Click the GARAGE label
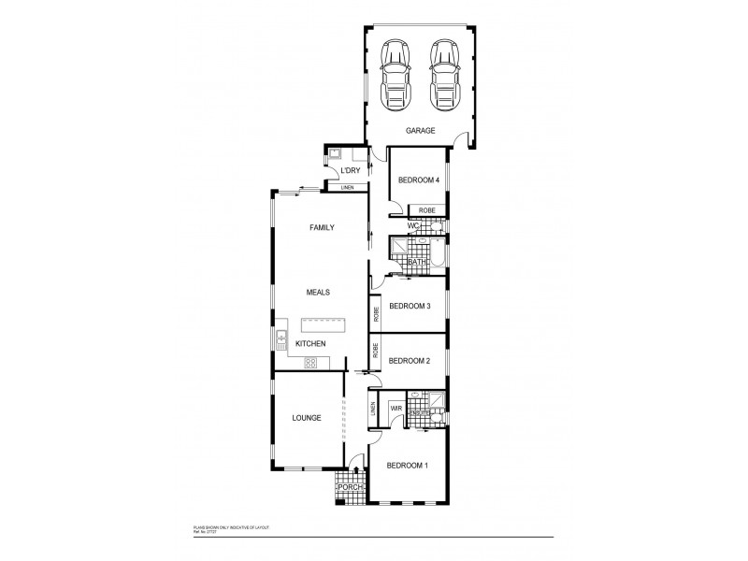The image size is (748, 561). [420, 131]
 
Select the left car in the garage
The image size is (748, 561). [396, 74]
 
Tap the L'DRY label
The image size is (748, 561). [351, 171]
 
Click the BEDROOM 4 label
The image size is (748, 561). [418, 180]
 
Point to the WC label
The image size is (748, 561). [412, 226]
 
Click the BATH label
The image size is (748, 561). [417, 263]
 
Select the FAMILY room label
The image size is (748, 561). [322, 227]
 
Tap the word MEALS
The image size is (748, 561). [319, 292]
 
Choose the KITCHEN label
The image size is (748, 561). [310, 344]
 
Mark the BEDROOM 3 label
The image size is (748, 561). [410, 307]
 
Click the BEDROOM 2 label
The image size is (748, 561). [409, 361]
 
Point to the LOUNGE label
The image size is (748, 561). [306, 418]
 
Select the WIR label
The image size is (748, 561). [396, 409]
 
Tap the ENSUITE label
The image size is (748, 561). [420, 413]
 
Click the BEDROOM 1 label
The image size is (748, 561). [408, 466]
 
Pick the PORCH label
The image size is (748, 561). [351, 487]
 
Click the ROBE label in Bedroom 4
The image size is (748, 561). [426, 211]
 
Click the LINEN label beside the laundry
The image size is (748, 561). [348, 188]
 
